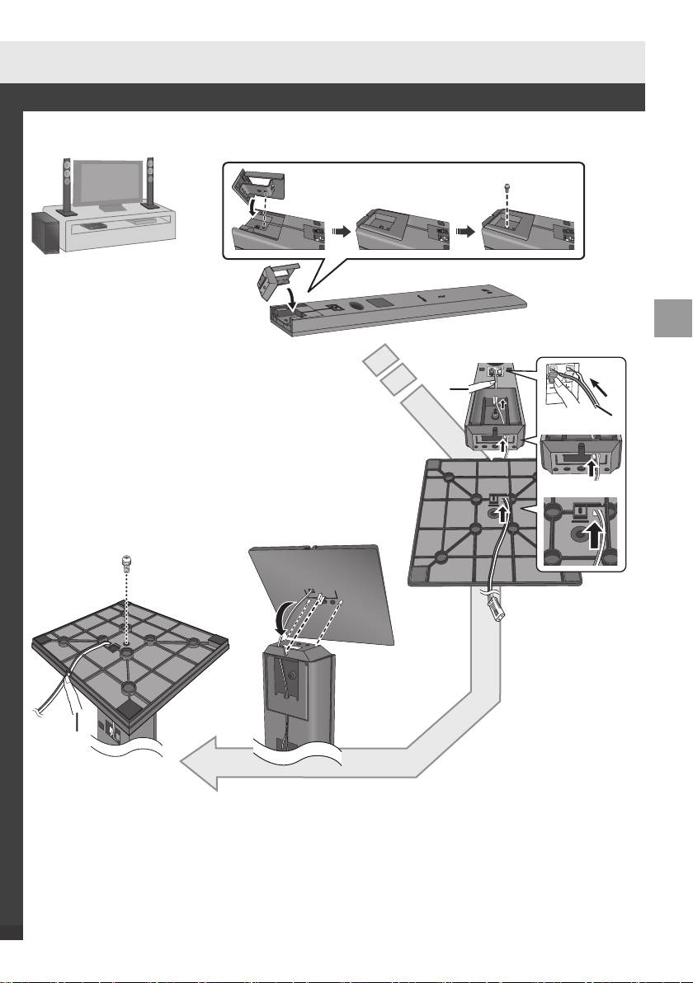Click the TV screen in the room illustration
pos(109,182)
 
